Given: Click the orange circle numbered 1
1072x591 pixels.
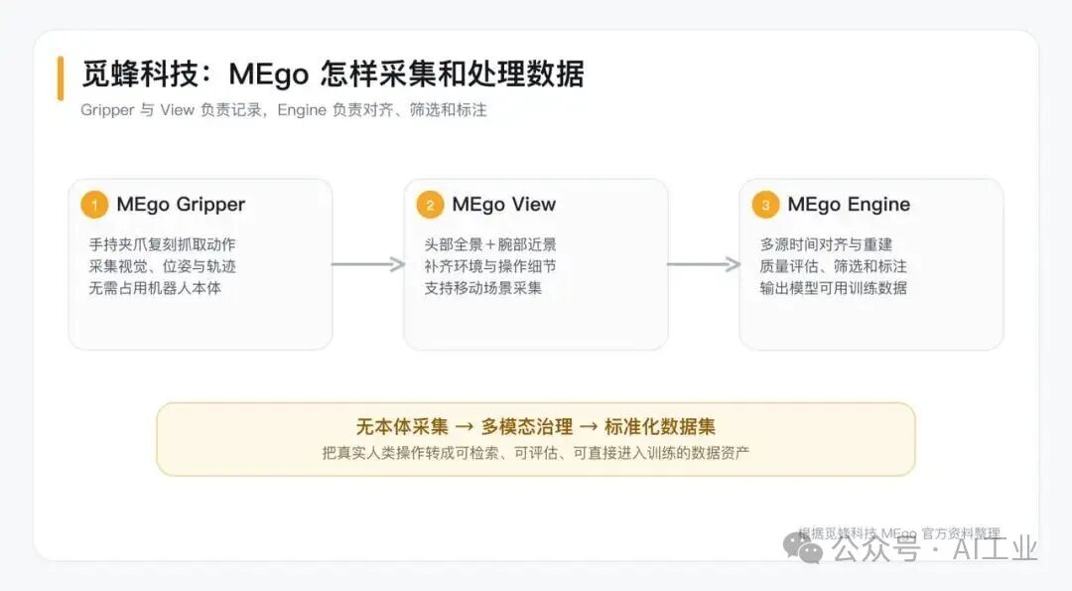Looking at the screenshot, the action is click(94, 205).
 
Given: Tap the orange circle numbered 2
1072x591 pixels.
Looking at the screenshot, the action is click(430, 205).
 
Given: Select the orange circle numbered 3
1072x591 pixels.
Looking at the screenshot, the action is click(765, 205).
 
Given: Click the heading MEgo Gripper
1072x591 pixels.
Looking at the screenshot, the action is click(181, 205).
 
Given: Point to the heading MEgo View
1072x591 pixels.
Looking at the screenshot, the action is click(504, 205).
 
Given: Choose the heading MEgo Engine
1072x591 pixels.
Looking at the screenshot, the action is click(849, 205).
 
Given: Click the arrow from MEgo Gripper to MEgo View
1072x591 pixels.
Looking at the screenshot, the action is click(368, 264).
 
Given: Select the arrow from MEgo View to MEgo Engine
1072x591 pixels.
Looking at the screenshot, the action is click(704, 264).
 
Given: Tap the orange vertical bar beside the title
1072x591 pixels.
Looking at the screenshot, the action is click(61, 78).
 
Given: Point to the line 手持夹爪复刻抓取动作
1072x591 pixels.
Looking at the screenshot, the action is click(162, 244).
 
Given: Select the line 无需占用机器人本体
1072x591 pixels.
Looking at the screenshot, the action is click(155, 288).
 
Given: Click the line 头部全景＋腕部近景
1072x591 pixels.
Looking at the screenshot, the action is click(490, 244).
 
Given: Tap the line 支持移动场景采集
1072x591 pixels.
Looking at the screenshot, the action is click(482, 288).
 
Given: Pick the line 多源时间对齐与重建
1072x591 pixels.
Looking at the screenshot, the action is click(826, 244).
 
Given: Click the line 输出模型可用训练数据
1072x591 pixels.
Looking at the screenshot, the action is click(834, 288).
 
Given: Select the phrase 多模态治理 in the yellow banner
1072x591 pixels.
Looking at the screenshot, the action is click(527, 427).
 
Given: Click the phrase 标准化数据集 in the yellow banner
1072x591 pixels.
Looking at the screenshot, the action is click(660, 427).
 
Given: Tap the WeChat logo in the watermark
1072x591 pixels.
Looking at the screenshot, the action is click(803, 546).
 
